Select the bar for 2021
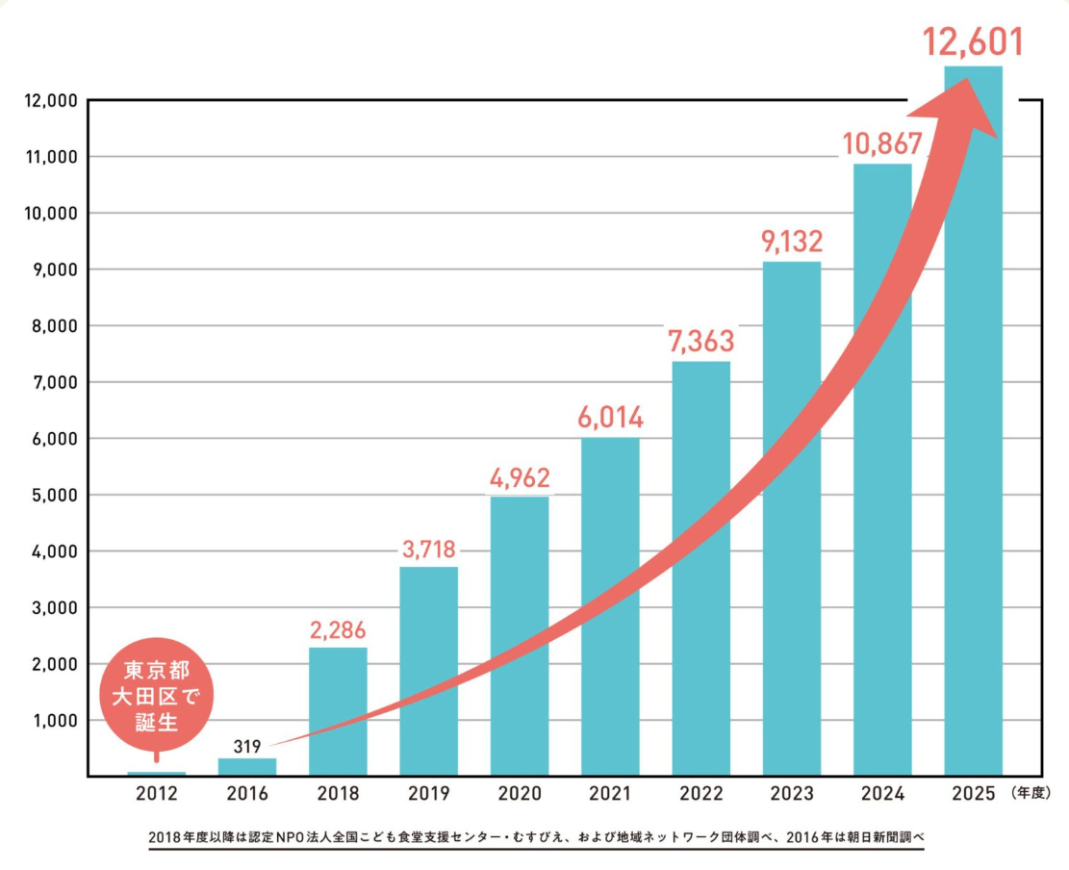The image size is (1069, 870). (x=610, y=606)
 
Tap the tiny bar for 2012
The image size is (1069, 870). (x=156, y=773)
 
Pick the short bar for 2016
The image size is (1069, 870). (x=246, y=767)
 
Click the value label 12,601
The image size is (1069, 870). (x=973, y=43)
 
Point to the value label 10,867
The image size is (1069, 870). (x=882, y=142)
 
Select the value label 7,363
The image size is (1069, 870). (x=700, y=340)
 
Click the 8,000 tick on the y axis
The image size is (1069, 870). (x=45, y=325)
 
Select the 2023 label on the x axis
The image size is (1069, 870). (x=791, y=794)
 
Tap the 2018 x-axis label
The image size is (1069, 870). (x=338, y=794)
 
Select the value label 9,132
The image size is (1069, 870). (x=792, y=241)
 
